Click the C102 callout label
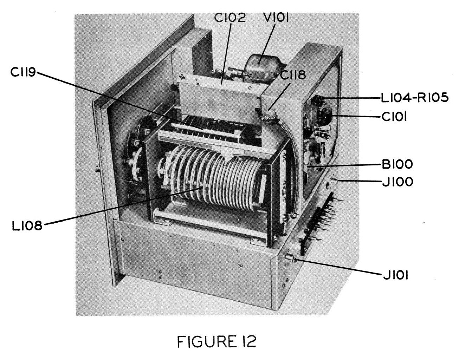[230, 17]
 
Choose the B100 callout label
[397, 164]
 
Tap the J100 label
[397, 182]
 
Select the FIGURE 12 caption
[216, 341]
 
